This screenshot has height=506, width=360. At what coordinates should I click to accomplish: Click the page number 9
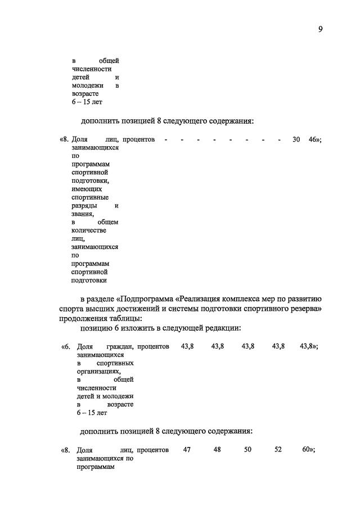[319, 30]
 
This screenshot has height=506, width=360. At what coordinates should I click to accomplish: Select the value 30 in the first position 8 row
[296, 139]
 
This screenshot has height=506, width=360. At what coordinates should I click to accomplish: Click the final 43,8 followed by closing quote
[308, 347]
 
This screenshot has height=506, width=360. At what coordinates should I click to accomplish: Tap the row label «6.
[65, 347]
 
